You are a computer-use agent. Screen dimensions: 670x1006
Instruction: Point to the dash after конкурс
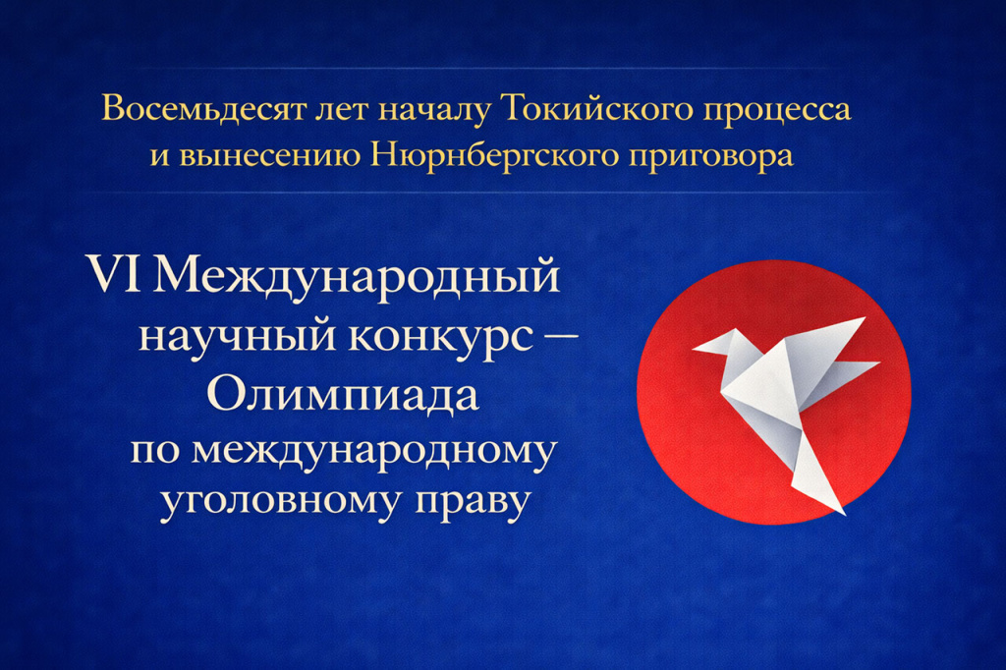(x=561, y=337)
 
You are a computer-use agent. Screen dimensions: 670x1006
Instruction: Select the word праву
(x=475, y=501)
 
